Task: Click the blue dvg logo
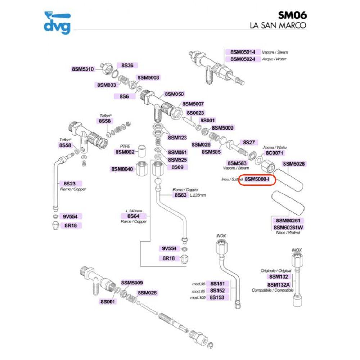click(x=57, y=22)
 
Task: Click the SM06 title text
click(x=292, y=15)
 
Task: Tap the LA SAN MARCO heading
click(x=278, y=25)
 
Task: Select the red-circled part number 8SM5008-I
click(x=257, y=179)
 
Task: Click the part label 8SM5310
click(x=83, y=69)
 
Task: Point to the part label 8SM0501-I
click(x=243, y=52)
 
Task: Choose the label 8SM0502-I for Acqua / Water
click(x=243, y=59)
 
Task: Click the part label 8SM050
click(x=174, y=94)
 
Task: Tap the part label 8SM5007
click(x=193, y=104)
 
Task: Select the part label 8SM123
click(x=177, y=138)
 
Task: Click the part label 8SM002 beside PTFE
click(x=125, y=152)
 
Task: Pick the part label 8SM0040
click(x=122, y=169)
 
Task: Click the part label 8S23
click(x=69, y=184)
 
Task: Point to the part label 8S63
click(x=180, y=195)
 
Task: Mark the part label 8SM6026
click(x=294, y=164)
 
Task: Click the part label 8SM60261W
click(x=288, y=228)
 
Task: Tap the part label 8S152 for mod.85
click(x=217, y=291)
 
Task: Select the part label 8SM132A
click(x=279, y=285)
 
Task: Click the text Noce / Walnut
click(x=288, y=233)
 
